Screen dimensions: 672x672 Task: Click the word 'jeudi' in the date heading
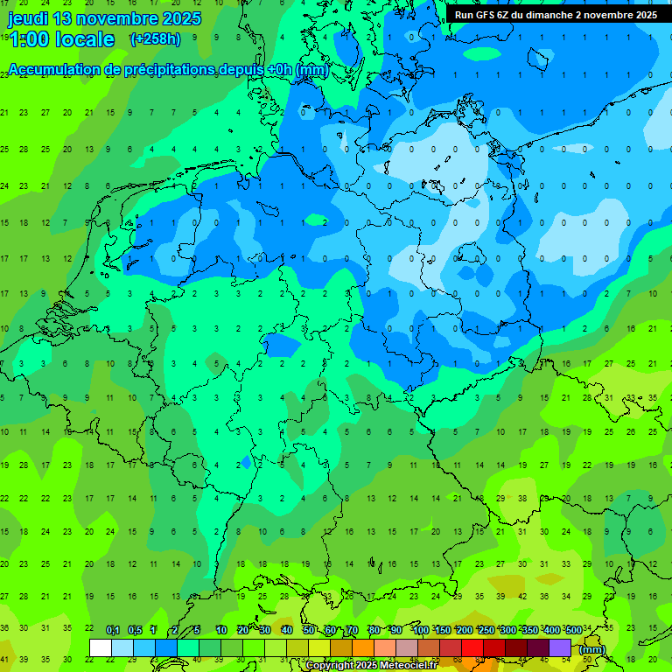tap(28, 18)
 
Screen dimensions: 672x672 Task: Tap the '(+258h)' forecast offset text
tap(155, 39)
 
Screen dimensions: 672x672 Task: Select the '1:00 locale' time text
tap(61, 39)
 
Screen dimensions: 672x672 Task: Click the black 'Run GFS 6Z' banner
tap(556, 15)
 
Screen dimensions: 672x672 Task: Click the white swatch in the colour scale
tap(101, 647)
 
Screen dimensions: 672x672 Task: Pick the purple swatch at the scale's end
tap(560, 647)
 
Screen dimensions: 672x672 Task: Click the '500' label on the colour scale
tap(573, 630)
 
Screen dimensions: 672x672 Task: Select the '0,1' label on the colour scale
tap(113, 630)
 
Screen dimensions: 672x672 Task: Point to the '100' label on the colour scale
tap(420, 630)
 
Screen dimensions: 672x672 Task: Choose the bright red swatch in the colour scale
tap(472, 647)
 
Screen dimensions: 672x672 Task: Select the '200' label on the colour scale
tap(464, 630)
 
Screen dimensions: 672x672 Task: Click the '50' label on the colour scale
tap(309, 630)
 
